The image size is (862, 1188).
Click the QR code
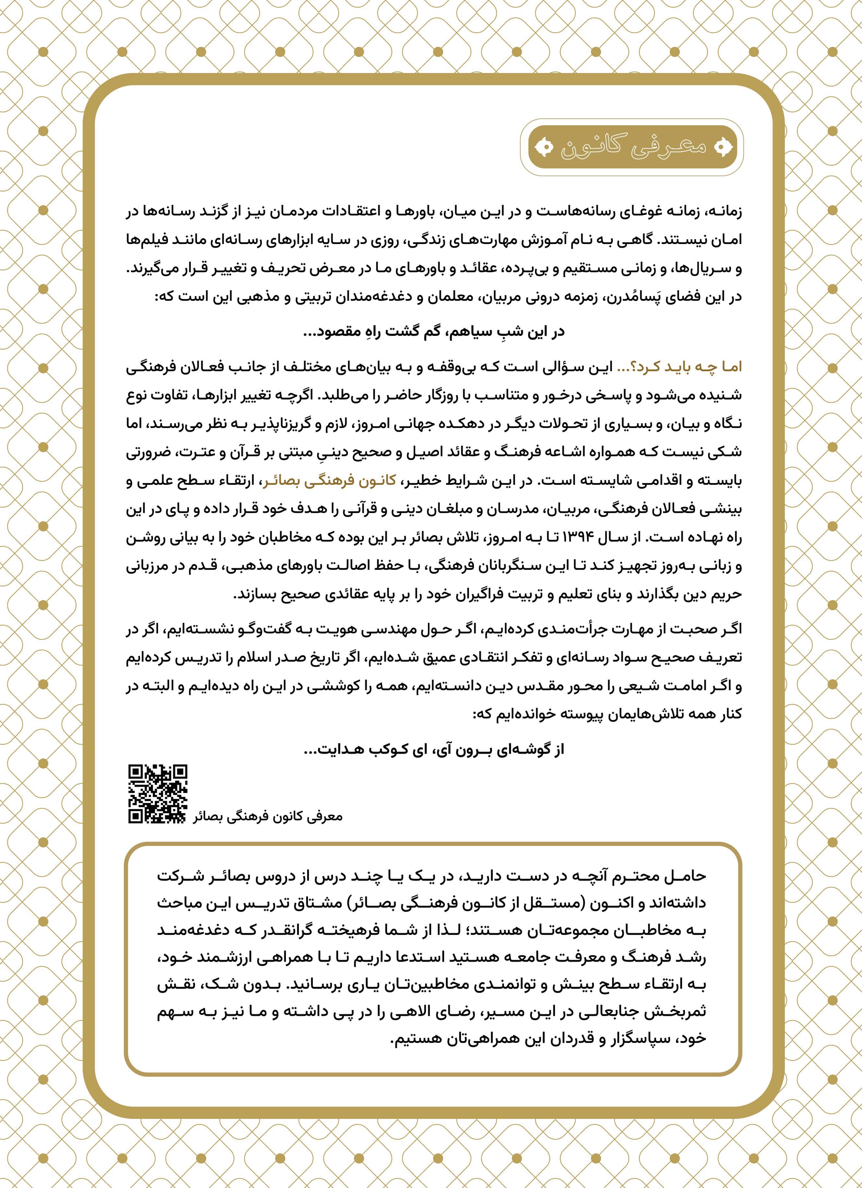[158, 794]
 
